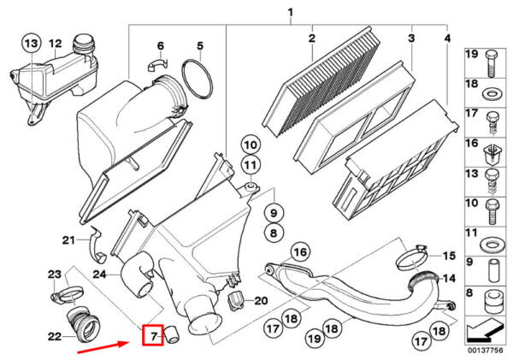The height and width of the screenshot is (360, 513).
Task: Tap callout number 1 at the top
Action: click(x=290, y=12)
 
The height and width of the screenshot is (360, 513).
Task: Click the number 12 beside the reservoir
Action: click(x=56, y=43)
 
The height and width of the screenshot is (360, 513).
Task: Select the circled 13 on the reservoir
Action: click(x=31, y=43)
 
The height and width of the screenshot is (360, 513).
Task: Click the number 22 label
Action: click(x=54, y=336)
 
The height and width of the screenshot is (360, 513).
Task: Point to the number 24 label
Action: click(x=98, y=274)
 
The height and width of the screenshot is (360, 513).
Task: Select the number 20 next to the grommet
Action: click(x=261, y=300)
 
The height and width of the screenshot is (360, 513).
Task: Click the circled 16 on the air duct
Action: click(x=298, y=252)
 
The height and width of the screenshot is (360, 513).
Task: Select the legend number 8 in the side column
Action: click(x=470, y=293)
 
